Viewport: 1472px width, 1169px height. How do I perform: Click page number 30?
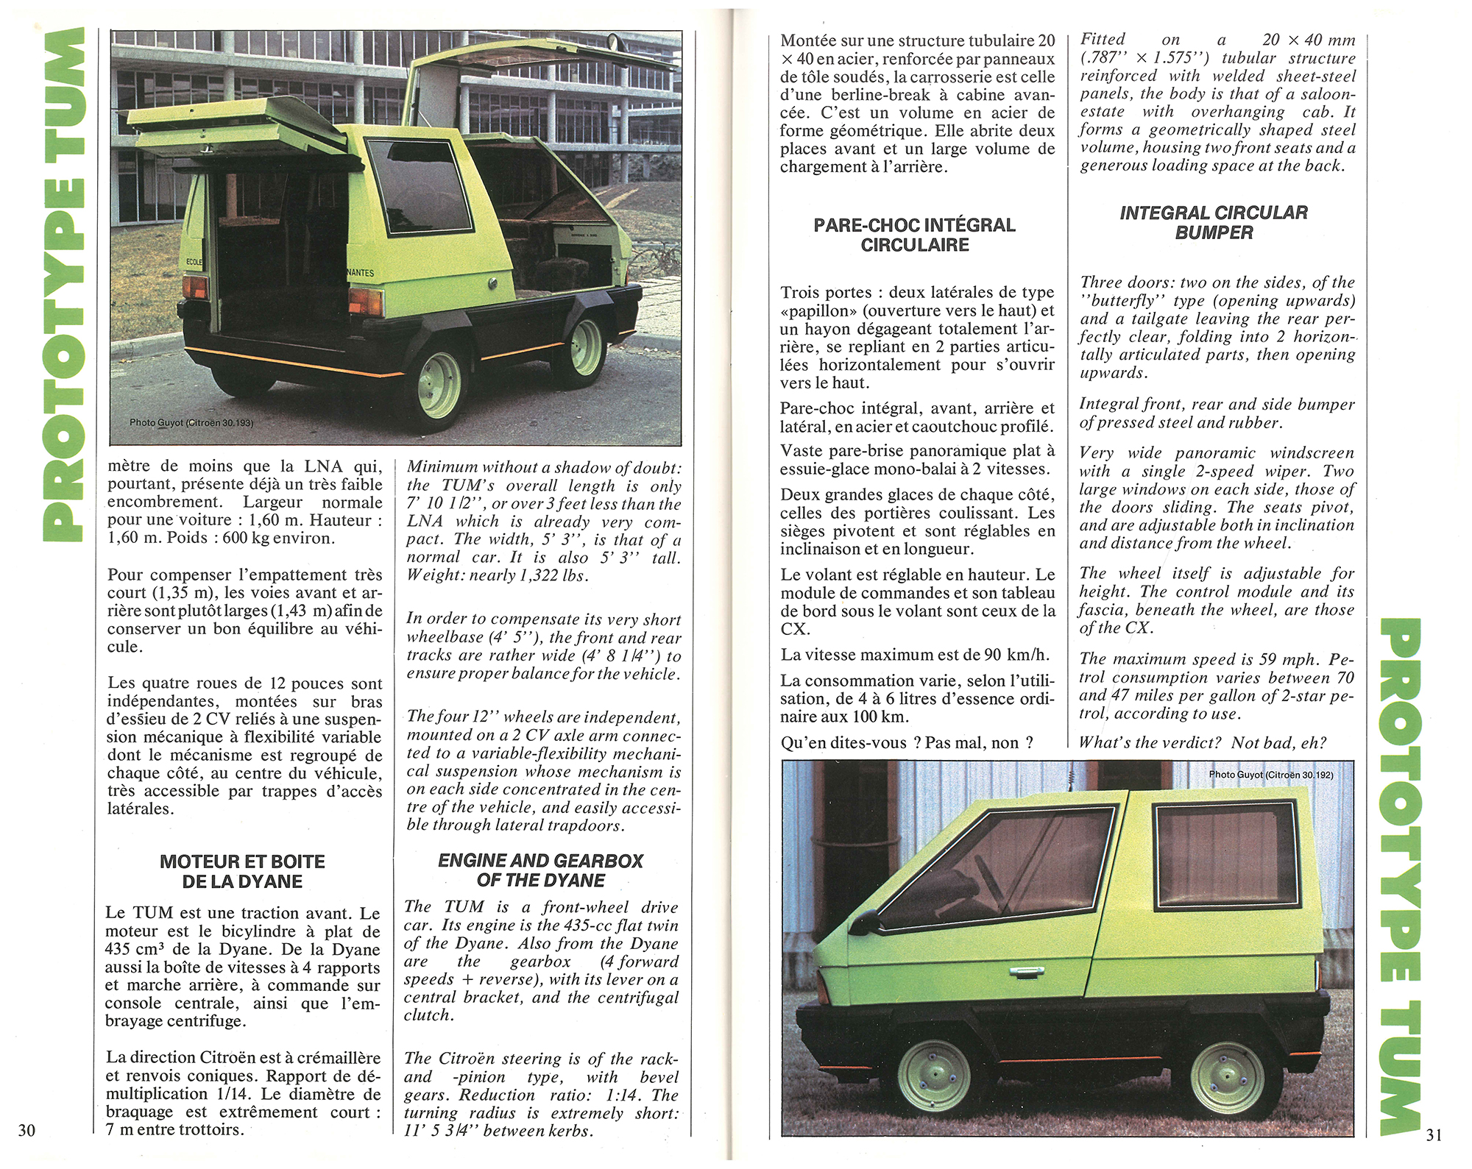pyautogui.click(x=26, y=1130)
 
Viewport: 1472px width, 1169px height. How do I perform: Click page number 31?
pyautogui.click(x=1434, y=1135)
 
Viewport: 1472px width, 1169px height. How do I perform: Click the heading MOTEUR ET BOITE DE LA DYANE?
pyautogui.click(x=242, y=871)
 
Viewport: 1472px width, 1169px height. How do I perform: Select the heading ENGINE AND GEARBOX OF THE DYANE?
pyautogui.click(x=540, y=870)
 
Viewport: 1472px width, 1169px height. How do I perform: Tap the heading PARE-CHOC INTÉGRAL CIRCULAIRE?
pyautogui.click(x=914, y=235)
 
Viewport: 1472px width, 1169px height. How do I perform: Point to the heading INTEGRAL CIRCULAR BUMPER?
pyautogui.click(x=1214, y=222)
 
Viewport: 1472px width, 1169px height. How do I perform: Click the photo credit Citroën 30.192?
pyautogui.click(x=1270, y=775)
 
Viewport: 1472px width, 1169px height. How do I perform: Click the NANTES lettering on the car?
pyautogui.click(x=360, y=273)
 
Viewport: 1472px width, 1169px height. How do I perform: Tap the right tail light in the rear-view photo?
pyautogui.click(x=366, y=301)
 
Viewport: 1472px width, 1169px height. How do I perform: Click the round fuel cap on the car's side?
pyautogui.click(x=492, y=284)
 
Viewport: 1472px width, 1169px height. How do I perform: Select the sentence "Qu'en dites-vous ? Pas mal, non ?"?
pyautogui.click(x=907, y=743)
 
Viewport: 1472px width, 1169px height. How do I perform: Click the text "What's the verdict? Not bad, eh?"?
pyautogui.click(x=1203, y=742)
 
